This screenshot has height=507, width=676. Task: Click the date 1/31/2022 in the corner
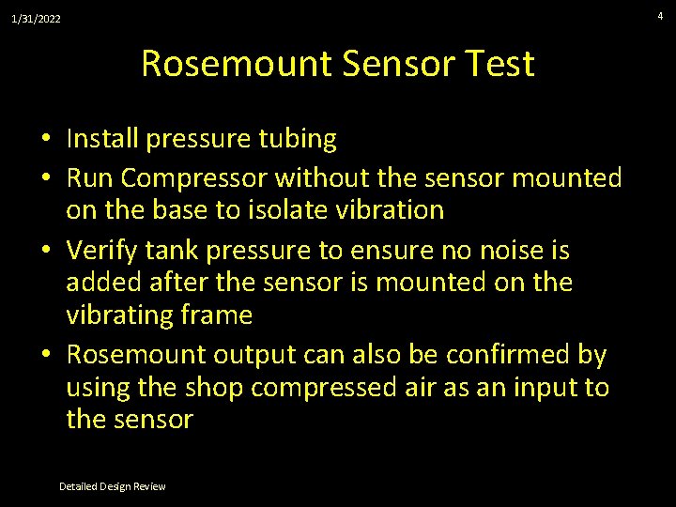pos(37,18)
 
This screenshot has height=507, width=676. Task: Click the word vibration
pos(394,209)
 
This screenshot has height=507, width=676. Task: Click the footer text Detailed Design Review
pos(112,486)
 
